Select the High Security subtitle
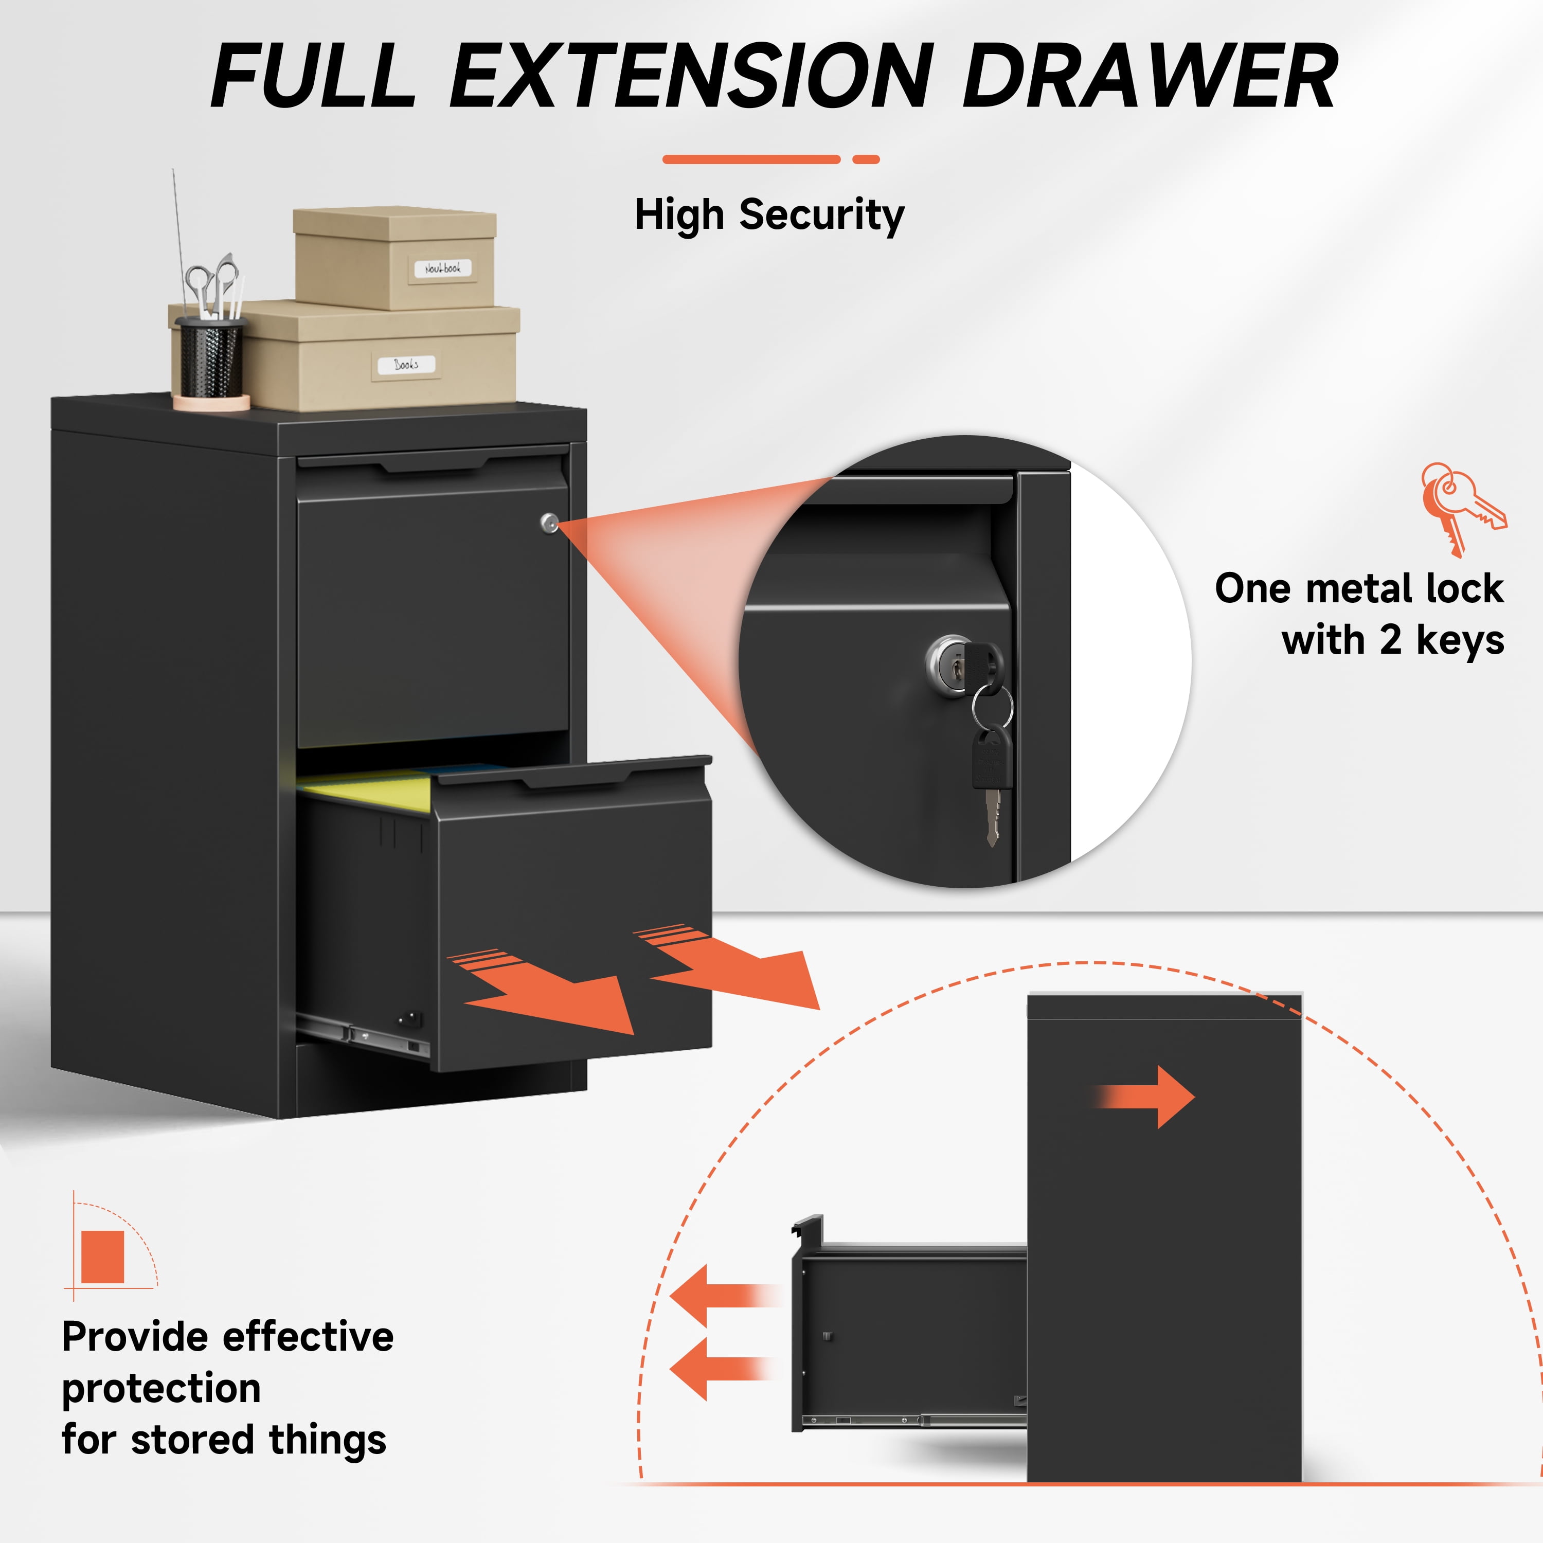click(769, 215)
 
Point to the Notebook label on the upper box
click(442, 268)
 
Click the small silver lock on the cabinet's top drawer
click(549, 523)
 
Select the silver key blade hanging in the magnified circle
click(992, 816)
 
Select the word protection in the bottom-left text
click(162, 1388)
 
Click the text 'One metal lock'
click(1359, 588)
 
